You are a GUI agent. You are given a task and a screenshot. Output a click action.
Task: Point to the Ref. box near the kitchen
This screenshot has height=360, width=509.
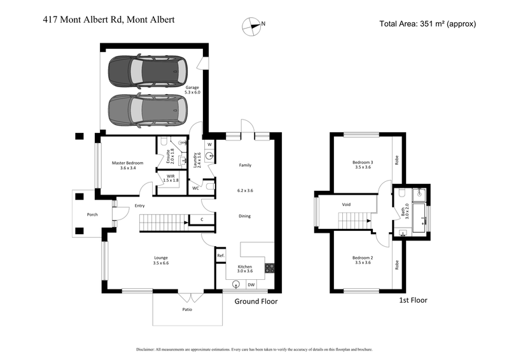221,256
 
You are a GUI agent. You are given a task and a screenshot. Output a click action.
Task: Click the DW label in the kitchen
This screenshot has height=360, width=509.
251,284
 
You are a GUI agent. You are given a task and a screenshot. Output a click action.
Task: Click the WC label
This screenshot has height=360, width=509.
196,188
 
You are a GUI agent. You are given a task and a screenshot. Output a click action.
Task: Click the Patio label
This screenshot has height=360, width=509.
187,310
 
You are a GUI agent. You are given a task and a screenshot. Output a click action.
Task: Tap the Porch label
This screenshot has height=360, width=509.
92,215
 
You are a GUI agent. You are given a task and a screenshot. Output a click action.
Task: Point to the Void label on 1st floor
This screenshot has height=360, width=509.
347,204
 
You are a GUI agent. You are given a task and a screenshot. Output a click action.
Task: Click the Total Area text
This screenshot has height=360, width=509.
428,24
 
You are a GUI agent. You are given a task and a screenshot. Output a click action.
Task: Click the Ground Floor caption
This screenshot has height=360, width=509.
256,301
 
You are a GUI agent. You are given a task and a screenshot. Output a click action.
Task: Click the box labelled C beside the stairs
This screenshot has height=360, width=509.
201,219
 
